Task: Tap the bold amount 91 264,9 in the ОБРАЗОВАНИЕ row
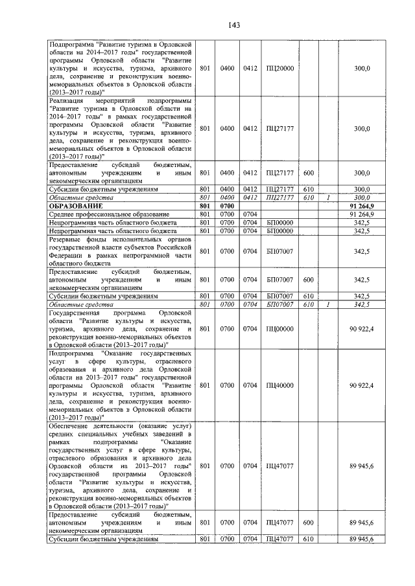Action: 362,206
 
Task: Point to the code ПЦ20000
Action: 280,68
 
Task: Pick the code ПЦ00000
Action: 280,330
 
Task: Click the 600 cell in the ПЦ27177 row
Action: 309,173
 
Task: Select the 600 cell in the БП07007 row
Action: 309,280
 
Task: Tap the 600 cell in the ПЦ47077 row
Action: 309,522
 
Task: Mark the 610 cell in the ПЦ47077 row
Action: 309,539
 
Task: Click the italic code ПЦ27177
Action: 280,197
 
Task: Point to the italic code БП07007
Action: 280,304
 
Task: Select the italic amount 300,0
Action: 362,197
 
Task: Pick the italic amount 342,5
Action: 362,304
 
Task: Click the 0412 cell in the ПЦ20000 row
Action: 250,68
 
